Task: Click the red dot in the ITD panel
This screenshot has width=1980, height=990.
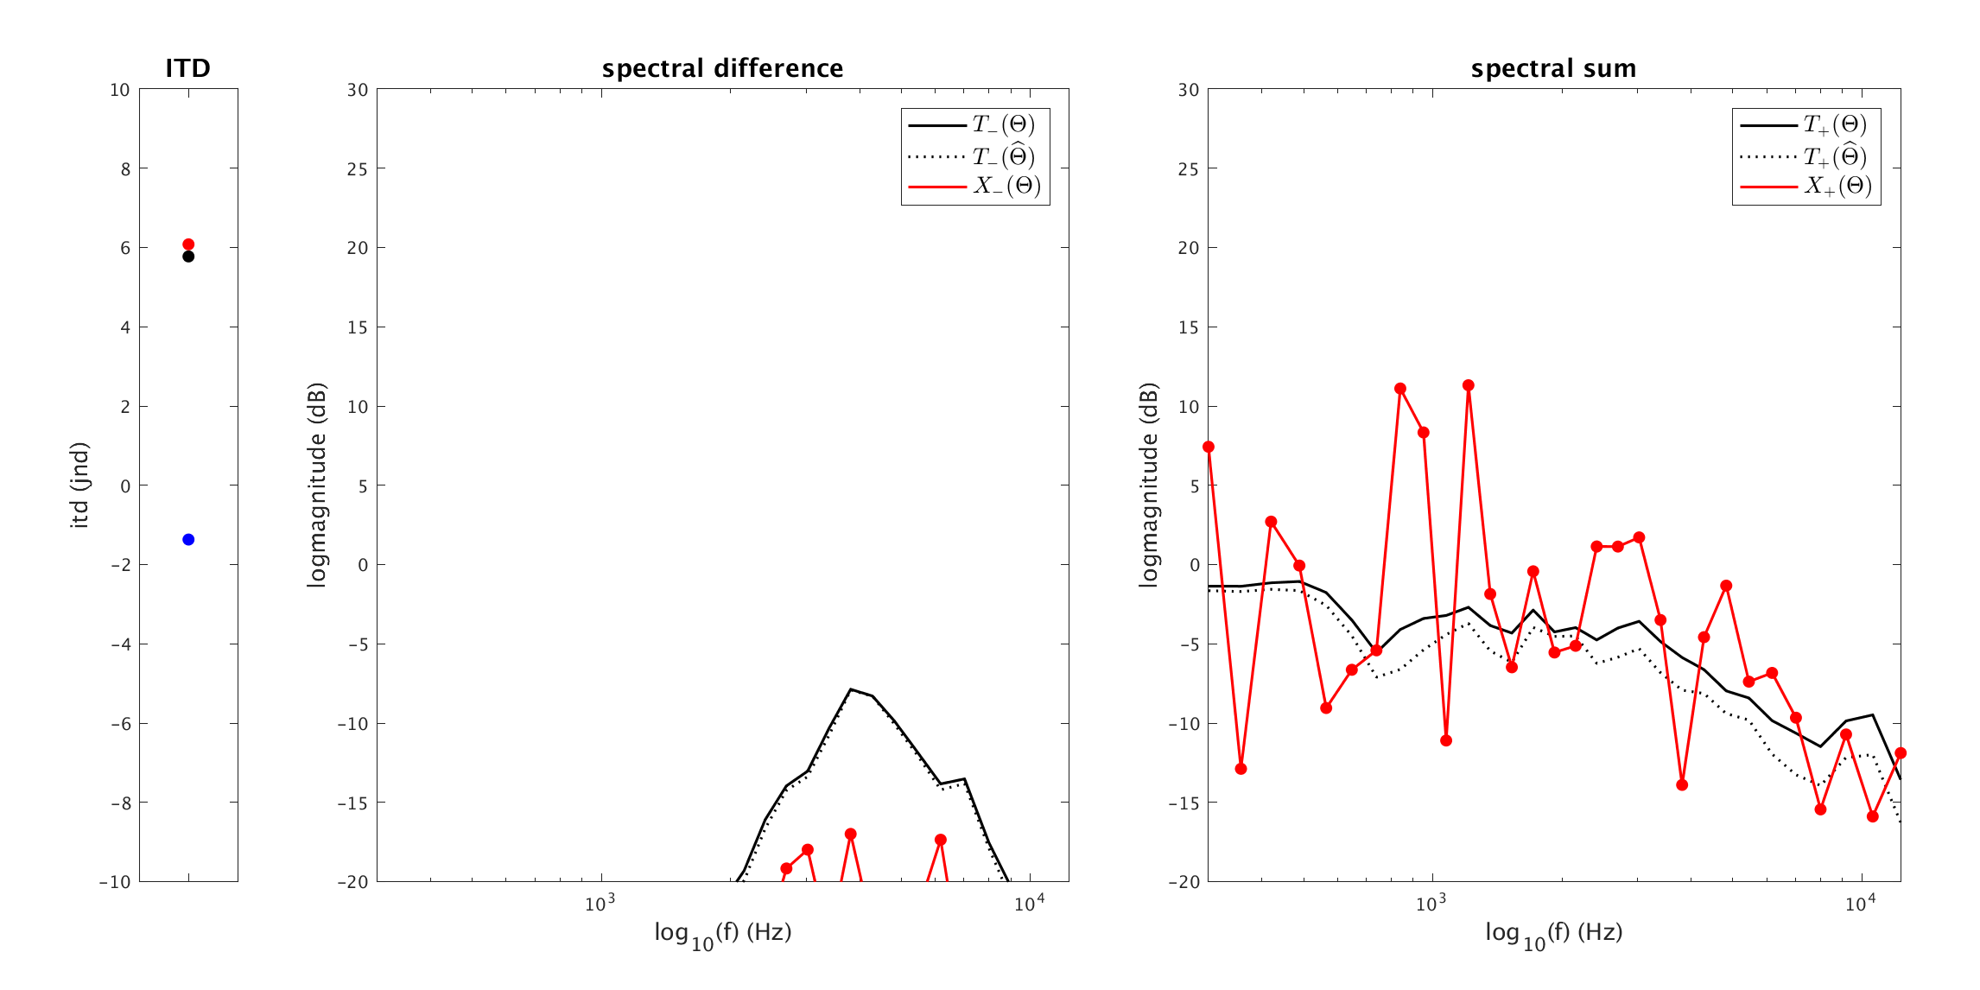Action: pos(188,244)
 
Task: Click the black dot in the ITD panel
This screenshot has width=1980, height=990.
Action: pos(188,257)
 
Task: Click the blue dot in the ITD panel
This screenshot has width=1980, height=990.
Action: pos(188,540)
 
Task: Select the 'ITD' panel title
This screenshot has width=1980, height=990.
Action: pos(187,68)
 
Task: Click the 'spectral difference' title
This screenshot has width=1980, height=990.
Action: pos(722,68)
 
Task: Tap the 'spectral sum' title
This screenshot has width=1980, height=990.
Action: pos(1553,68)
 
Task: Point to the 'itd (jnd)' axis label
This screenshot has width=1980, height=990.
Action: pos(79,485)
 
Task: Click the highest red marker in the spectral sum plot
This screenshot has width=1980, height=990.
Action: pos(1468,385)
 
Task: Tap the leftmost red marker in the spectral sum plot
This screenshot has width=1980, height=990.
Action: pos(1209,447)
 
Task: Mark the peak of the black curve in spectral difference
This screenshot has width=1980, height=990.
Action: pos(851,689)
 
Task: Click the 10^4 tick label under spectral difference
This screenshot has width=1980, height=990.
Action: pos(1029,904)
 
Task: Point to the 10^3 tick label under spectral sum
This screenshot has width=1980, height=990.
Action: pos(1431,904)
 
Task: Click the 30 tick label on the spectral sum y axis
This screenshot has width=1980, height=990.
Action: pos(1189,90)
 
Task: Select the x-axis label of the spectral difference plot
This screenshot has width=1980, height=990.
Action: pos(722,933)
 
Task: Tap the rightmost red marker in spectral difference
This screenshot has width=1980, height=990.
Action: pos(941,840)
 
